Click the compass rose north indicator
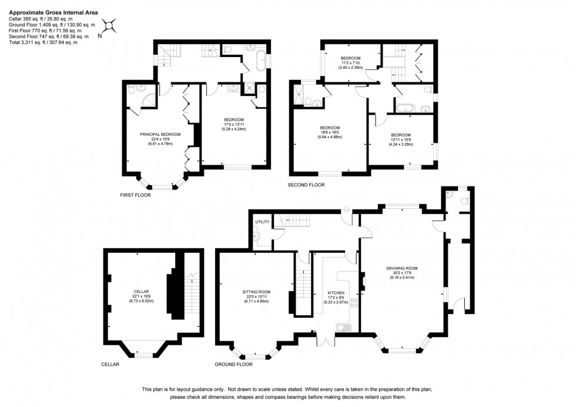(x=110, y=26)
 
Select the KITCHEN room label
(x=336, y=292)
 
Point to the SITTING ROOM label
(x=256, y=292)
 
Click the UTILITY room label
(x=262, y=222)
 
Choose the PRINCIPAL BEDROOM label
(x=160, y=135)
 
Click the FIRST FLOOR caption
(x=135, y=195)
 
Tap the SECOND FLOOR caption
(x=306, y=185)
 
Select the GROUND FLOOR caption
(x=234, y=364)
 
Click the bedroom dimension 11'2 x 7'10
(x=350, y=63)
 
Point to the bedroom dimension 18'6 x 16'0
(x=330, y=132)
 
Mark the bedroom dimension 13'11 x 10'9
(x=401, y=139)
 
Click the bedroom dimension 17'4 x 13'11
(x=233, y=125)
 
